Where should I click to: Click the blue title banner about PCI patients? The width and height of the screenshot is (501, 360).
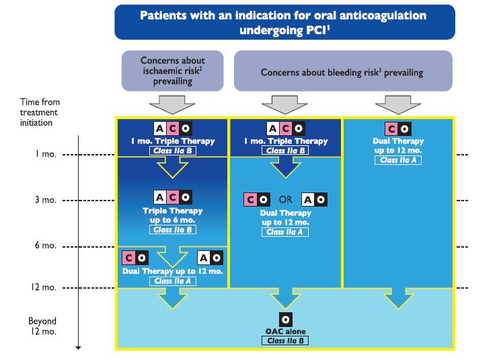(x=284, y=22)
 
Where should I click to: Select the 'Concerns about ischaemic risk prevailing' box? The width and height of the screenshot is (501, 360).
(x=173, y=71)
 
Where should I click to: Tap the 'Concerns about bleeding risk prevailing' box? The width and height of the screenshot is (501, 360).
(x=343, y=71)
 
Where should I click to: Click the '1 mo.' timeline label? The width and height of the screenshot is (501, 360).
(x=46, y=154)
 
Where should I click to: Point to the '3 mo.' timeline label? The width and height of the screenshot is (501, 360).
(x=46, y=200)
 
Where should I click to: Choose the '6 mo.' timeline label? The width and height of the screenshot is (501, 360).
(x=46, y=245)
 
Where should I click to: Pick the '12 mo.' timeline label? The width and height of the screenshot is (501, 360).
(x=44, y=287)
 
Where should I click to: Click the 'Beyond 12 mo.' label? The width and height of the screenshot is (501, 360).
(x=42, y=326)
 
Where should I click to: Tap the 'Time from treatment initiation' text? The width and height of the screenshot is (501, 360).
(x=40, y=112)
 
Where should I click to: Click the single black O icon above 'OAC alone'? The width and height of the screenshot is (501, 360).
(x=285, y=320)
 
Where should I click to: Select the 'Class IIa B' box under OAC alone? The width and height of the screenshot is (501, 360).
(x=285, y=340)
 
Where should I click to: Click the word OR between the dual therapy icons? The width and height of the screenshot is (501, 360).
(x=285, y=199)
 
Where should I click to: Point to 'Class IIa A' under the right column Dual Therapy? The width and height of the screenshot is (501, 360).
(x=398, y=160)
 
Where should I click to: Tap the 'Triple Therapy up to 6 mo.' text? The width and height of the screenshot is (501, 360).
(x=173, y=215)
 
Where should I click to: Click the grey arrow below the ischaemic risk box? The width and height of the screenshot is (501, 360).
(x=172, y=104)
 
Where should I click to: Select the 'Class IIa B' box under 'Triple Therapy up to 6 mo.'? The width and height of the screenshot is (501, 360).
(x=173, y=229)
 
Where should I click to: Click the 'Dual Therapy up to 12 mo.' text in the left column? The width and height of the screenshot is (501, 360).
(x=173, y=271)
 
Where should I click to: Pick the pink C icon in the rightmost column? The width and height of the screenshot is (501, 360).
(x=391, y=129)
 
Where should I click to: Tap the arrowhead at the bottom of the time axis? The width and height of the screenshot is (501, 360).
(x=78, y=347)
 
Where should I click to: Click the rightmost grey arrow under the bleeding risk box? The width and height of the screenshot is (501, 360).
(x=398, y=104)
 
